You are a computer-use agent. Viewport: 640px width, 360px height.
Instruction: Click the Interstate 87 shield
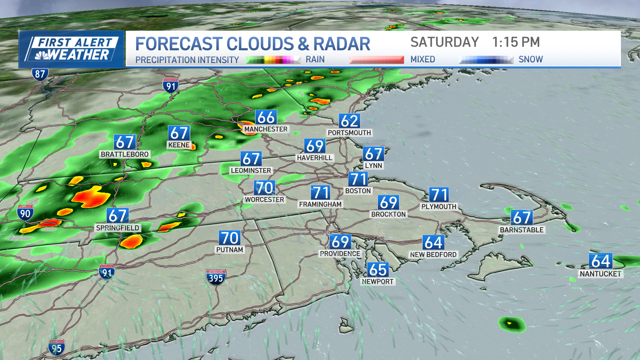(x=40, y=74)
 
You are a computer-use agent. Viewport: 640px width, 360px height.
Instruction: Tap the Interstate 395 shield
(x=216, y=277)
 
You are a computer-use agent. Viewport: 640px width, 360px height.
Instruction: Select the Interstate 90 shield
(x=25, y=213)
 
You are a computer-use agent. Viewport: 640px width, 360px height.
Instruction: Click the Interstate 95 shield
(x=56, y=348)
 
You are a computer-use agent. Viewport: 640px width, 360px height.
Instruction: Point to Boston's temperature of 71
(x=358, y=179)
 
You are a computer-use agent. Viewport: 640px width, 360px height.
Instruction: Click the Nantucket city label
(x=600, y=274)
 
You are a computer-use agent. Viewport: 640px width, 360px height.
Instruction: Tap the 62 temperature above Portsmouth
(x=349, y=121)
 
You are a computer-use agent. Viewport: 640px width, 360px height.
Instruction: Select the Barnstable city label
(x=522, y=230)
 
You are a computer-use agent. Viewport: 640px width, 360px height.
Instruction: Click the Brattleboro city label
(x=125, y=154)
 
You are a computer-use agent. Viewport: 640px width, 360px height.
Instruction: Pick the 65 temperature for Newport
(x=378, y=270)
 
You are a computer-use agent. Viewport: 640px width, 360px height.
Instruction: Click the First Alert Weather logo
(x=71, y=49)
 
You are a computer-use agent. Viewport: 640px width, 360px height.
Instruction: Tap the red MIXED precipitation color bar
(x=376, y=60)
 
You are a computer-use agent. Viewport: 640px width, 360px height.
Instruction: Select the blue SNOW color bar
(x=486, y=60)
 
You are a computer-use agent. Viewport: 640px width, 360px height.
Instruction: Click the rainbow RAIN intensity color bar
(x=273, y=60)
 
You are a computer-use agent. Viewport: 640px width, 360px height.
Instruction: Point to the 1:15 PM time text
(x=516, y=42)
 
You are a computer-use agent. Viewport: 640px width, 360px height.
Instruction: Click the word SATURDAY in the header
(x=444, y=42)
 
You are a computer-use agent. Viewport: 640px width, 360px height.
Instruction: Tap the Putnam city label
(x=230, y=250)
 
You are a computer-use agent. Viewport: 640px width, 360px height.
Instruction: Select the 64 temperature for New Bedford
(x=433, y=243)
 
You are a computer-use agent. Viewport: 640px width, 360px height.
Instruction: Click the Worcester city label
(x=264, y=200)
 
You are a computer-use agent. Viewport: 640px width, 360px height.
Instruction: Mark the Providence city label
(x=340, y=254)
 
